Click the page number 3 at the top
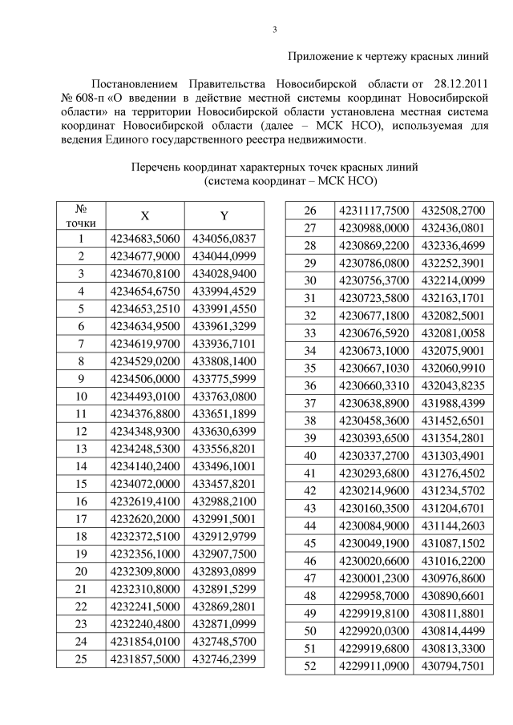point(275,30)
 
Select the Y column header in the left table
point(224,216)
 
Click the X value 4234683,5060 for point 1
point(145,239)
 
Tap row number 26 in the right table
point(310,211)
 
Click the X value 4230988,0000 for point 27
point(374,228)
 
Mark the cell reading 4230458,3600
point(374,421)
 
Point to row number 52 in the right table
point(310,666)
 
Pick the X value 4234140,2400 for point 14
point(145,465)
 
